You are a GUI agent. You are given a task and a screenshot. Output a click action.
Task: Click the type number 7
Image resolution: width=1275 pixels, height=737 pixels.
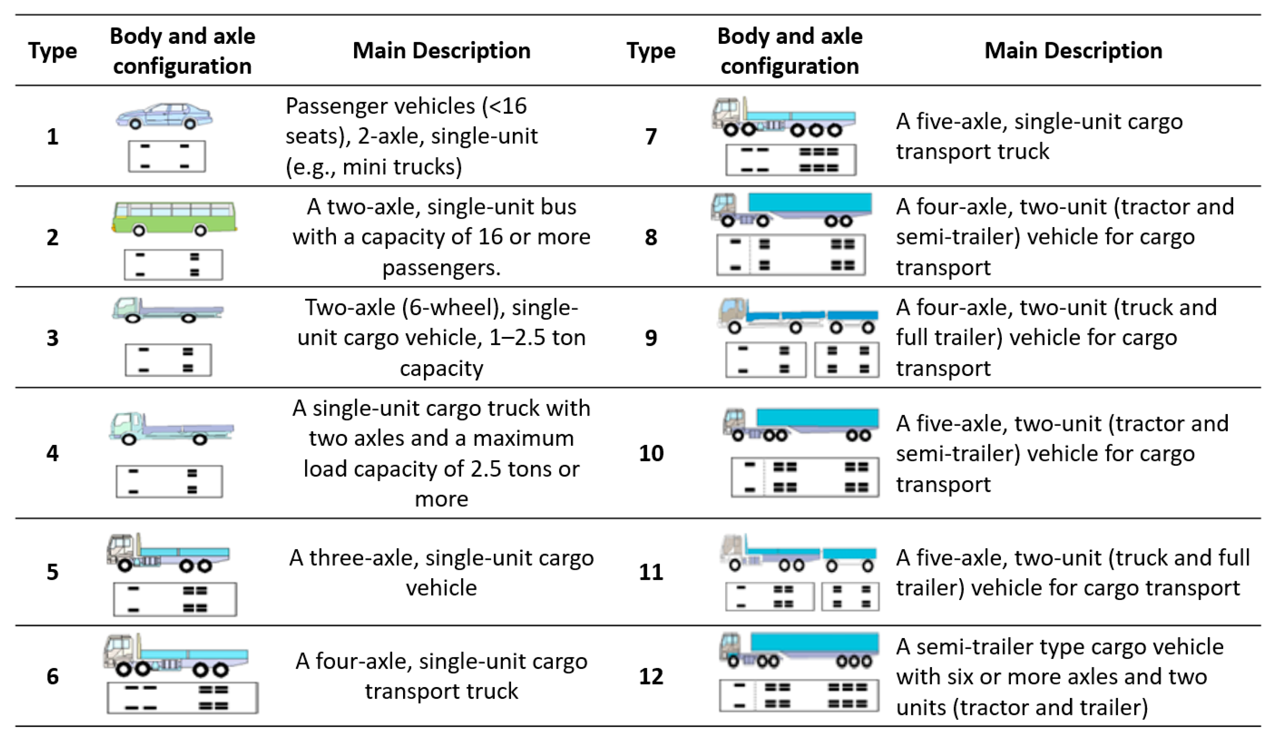tap(651, 137)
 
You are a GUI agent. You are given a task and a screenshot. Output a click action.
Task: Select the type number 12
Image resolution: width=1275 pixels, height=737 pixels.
tap(651, 676)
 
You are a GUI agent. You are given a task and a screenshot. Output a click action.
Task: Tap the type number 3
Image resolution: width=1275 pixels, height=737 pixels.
tap(53, 338)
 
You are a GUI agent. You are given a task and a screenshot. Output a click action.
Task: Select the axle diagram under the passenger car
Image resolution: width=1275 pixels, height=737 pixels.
tap(167, 156)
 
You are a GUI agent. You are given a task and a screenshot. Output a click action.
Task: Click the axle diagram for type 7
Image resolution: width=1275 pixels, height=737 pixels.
tap(791, 160)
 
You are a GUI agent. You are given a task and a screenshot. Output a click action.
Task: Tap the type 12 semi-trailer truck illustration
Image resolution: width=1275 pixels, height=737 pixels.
tap(799, 650)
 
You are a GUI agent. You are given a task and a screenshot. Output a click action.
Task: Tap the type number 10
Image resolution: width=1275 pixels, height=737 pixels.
tap(651, 453)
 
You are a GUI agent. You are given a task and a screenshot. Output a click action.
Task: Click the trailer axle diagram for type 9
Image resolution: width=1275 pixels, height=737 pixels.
tap(847, 360)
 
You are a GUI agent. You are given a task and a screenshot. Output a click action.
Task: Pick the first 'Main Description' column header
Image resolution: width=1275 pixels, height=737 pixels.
tap(441, 51)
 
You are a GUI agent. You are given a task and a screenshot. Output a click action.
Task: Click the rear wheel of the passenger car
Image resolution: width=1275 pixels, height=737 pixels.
tap(190, 123)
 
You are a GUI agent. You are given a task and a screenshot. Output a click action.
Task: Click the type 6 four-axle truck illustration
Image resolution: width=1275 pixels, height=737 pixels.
tap(176, 655)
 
